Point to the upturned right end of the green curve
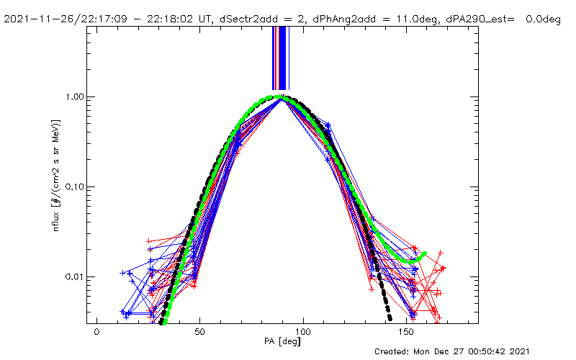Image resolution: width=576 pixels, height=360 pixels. (x=424, y=253)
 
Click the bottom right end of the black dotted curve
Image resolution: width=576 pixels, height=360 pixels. (x=390, y=318)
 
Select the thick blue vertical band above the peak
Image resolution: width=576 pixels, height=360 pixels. (x=282, y=58)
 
